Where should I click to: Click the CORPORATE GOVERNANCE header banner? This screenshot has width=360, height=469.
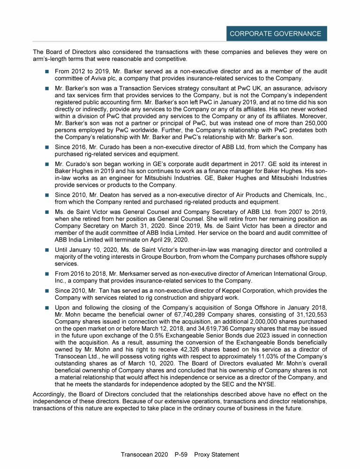tap(275, 34)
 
